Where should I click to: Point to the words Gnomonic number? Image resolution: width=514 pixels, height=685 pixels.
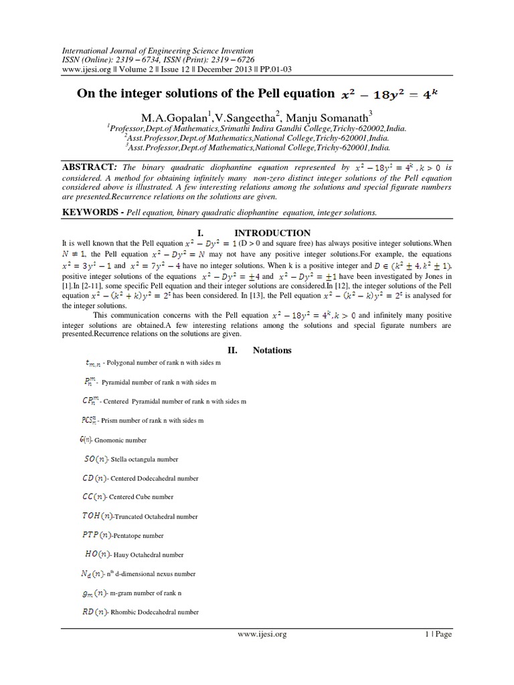(x=120, y=441)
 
